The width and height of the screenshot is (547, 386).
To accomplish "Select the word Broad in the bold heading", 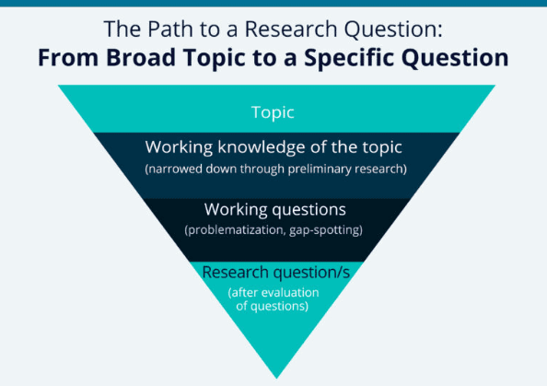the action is [x=141, y=57].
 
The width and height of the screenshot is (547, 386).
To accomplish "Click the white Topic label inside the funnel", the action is [x=273, y=112].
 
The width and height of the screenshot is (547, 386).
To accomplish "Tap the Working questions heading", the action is [x=275, y=210].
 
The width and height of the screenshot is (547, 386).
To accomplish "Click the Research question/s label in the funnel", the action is [x=276, y=272].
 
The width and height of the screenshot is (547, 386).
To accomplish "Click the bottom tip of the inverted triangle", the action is [x=276, y=379].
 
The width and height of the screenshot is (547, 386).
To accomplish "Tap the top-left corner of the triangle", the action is [x=58, y=85].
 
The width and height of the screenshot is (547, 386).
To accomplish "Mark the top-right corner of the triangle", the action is [x=495, y=85].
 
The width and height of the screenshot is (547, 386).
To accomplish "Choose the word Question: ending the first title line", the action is [x=393, y=29].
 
